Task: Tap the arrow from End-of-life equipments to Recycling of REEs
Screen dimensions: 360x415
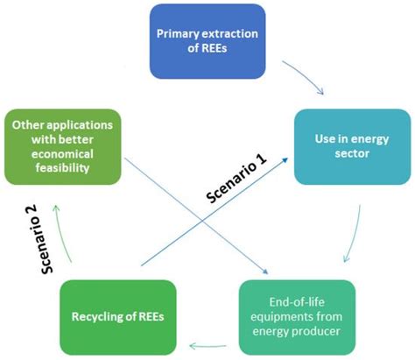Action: coord(206,340)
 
